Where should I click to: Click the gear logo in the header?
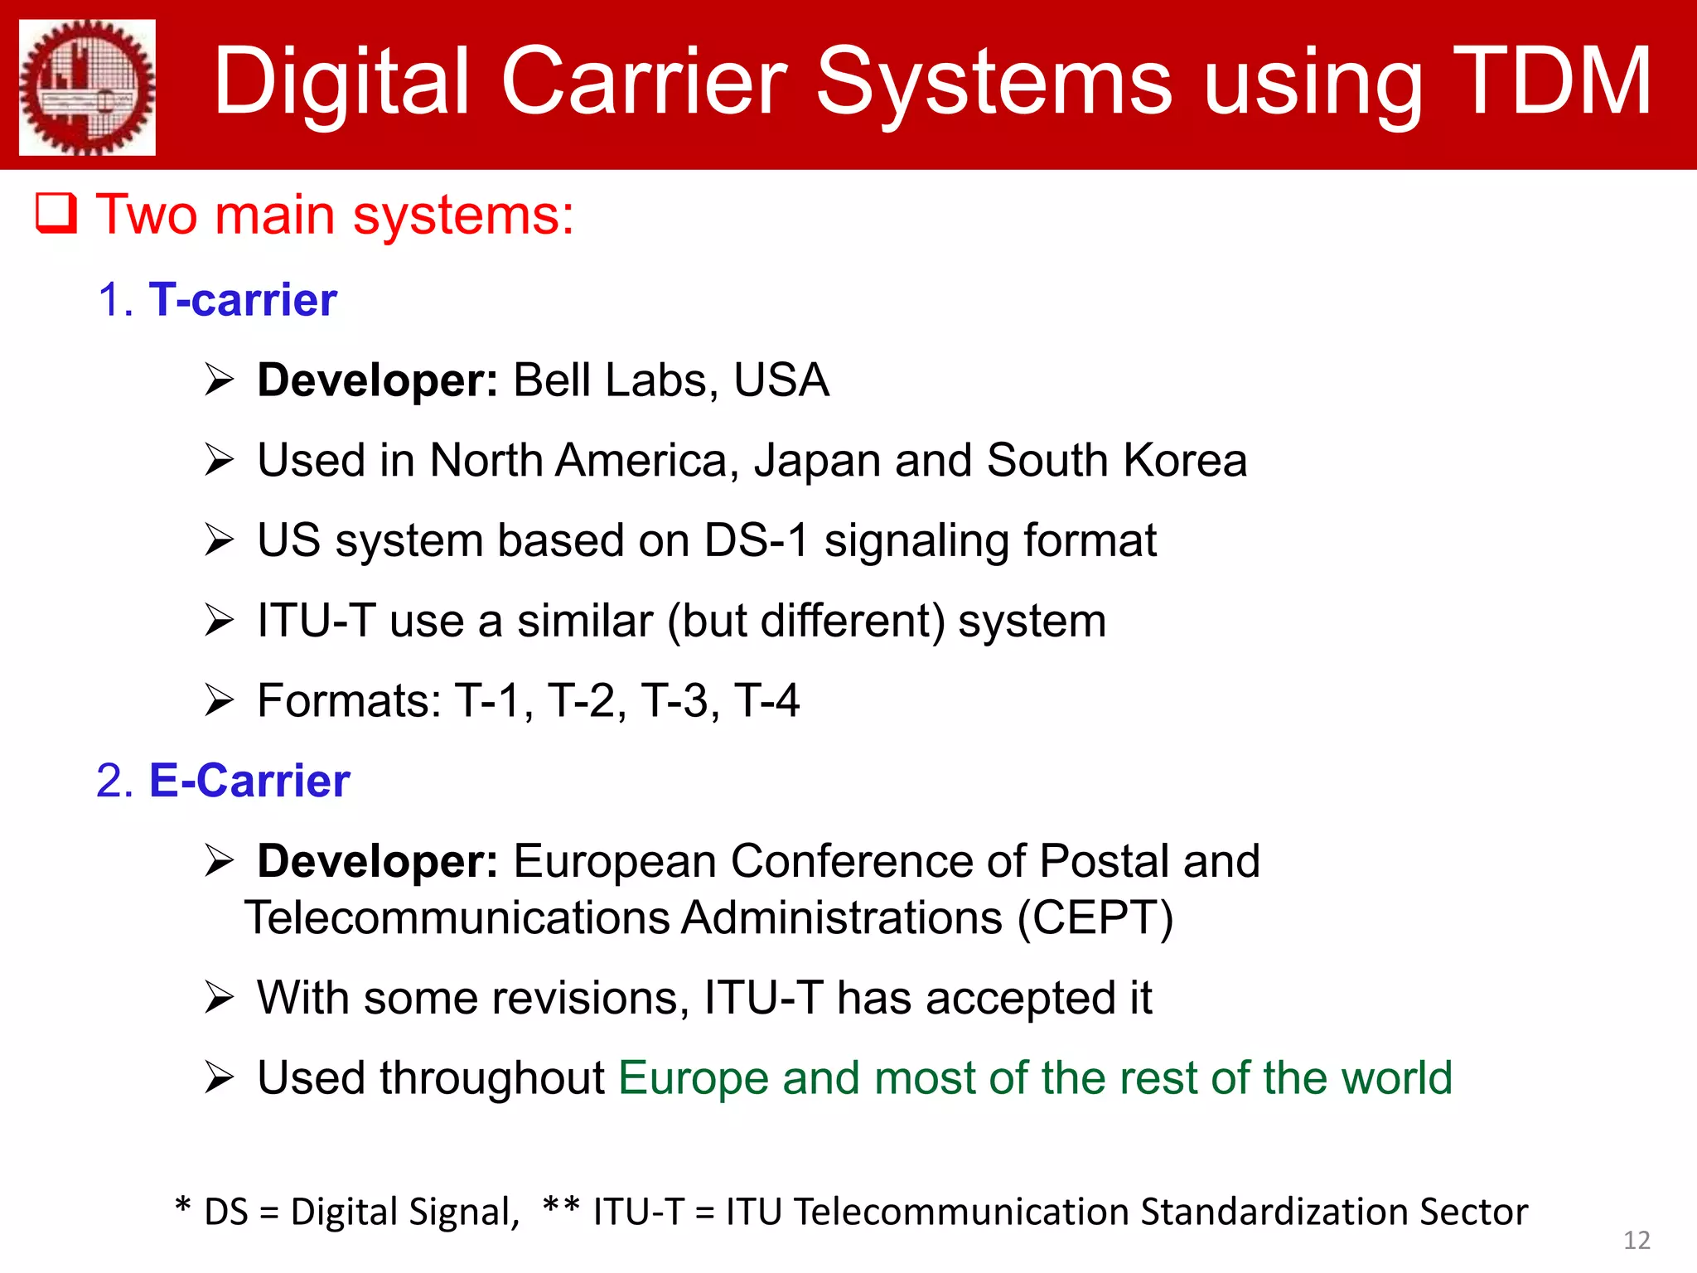click(87, 87)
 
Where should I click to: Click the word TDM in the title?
click(1551, 81)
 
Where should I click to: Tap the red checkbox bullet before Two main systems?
click(56, 214)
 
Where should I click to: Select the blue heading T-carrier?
click(243, 299)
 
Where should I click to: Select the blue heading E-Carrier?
click(249, 781)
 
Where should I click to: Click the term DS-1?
click(756, 540)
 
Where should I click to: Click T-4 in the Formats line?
click(766, 701)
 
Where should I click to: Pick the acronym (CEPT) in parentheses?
click(1095, 918)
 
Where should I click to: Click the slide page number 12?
click(1637, 1240)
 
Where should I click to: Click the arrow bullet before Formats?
click(220, 701)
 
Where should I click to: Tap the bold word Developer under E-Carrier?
click(377, 861)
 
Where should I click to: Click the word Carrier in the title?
click(644, 81)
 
